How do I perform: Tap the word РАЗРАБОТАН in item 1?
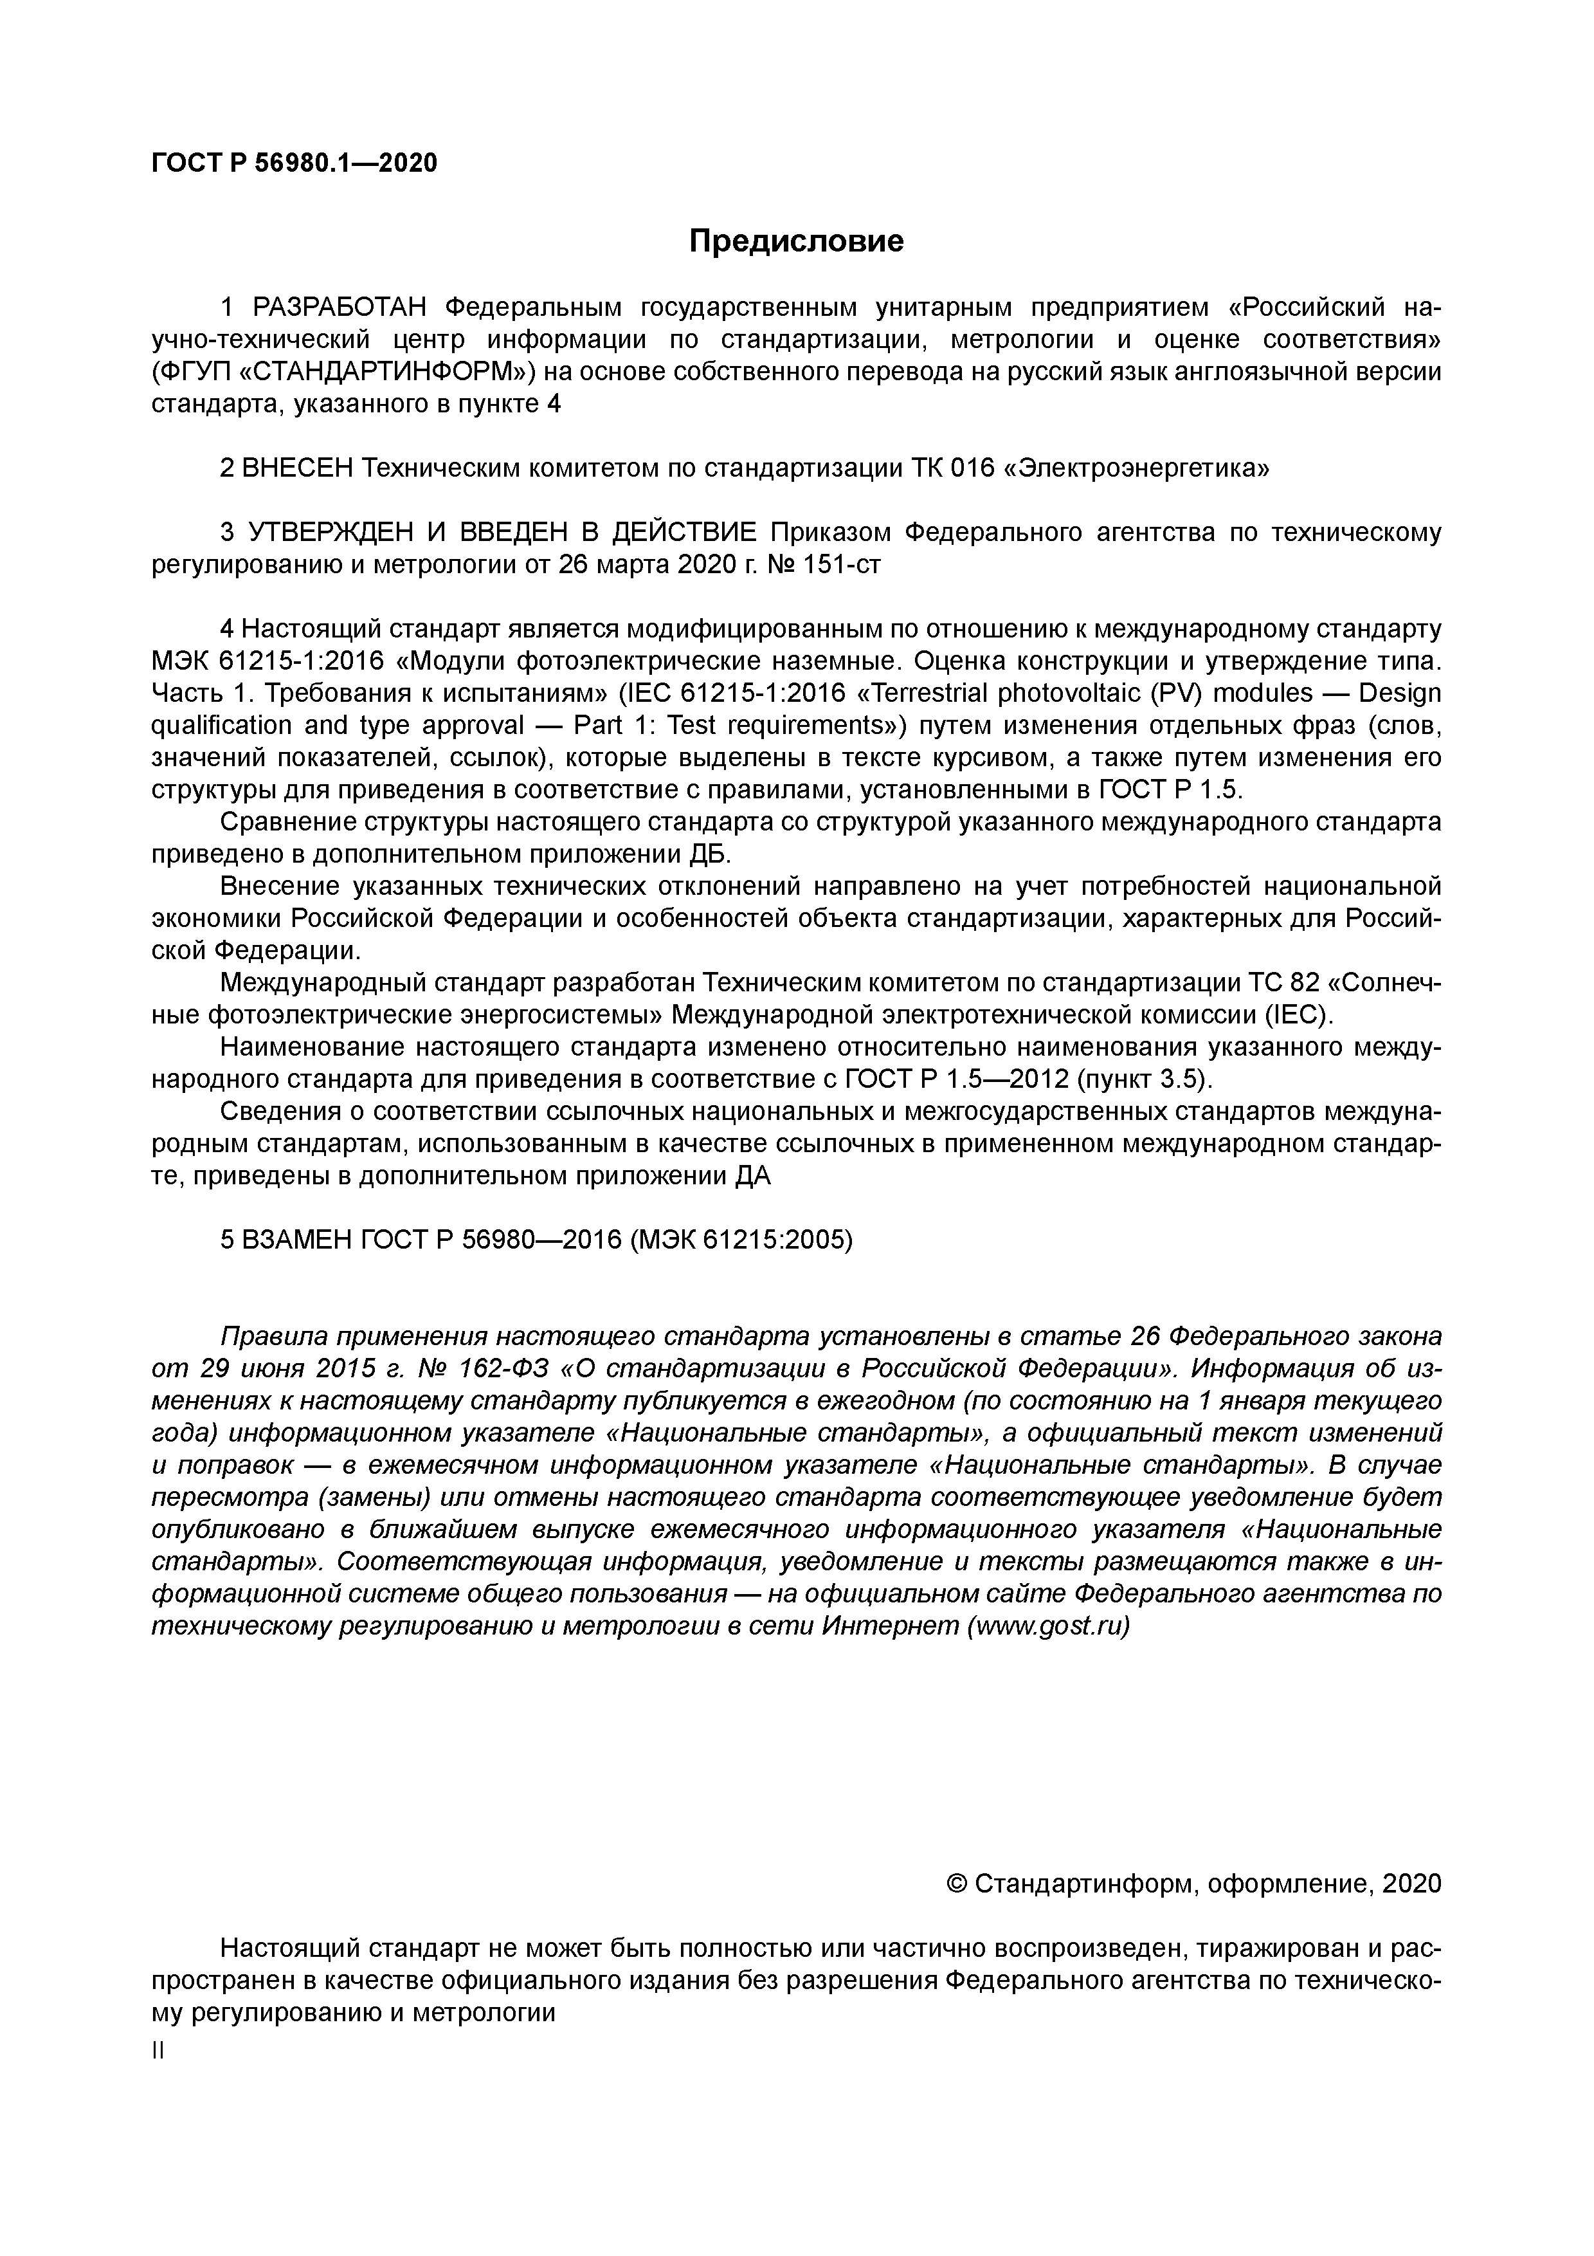tap(340, 307)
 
